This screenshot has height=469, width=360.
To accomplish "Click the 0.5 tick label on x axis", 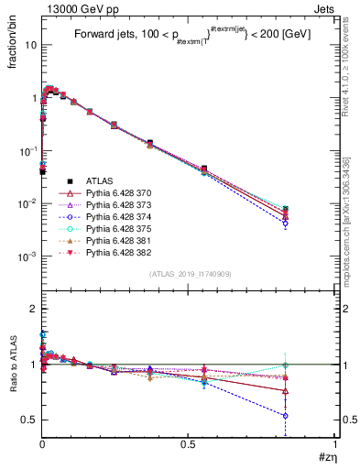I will click(189, 444).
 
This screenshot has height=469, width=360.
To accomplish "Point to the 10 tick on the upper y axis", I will click(29, 44).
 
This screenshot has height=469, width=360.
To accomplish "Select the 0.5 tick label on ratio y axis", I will click(27, 420).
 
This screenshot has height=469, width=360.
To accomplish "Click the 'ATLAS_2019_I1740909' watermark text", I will click(189, 274).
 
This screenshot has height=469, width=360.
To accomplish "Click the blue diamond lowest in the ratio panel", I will click(311, 415).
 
